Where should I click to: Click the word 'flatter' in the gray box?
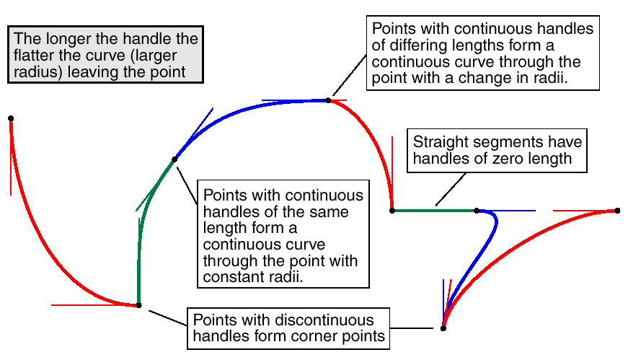[33, 55]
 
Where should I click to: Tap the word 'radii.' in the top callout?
[549, 78]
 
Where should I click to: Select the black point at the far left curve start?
[11, 118]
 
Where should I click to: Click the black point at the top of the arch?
[328, 100]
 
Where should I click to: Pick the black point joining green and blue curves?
[174, 159]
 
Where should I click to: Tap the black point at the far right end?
[618, 211]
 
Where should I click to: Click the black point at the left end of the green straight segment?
[392, 211]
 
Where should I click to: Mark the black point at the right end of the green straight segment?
[477, 211]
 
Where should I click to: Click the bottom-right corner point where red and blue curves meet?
[443, 328]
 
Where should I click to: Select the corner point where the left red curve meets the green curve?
[138, 305]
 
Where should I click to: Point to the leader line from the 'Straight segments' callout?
[451, 190]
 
